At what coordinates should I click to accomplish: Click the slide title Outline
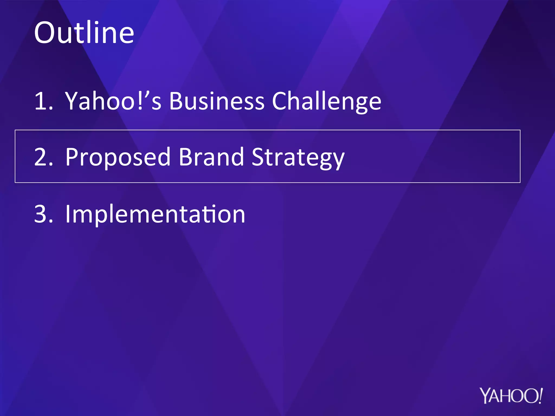pos(84,33)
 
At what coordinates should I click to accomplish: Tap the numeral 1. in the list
pos(43,101)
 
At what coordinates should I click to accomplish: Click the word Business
pos(217,101)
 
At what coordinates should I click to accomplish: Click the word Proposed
pos(118,157)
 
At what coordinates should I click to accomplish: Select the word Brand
pos(211,157)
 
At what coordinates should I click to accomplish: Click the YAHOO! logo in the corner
pos(511,396)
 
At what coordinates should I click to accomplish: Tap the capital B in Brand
pos(185,157)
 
